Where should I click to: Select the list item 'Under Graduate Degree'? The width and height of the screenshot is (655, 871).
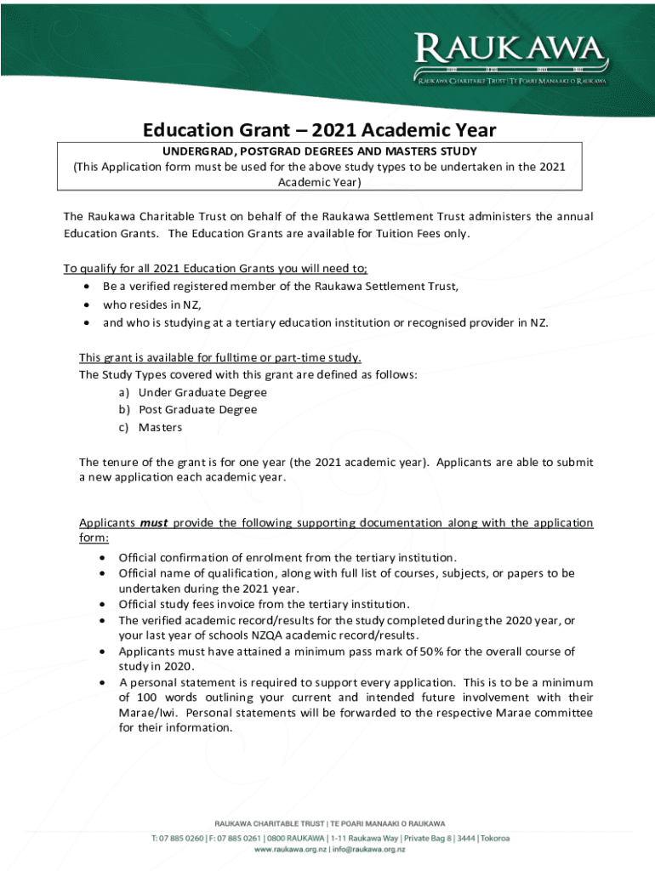(x=202, y=392)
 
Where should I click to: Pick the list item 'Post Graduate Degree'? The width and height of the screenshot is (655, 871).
(x=197, y=409)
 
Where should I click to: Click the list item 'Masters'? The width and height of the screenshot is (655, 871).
(x=161, y=427)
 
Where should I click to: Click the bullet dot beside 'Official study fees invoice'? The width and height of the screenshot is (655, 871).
(x=102, y=604)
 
